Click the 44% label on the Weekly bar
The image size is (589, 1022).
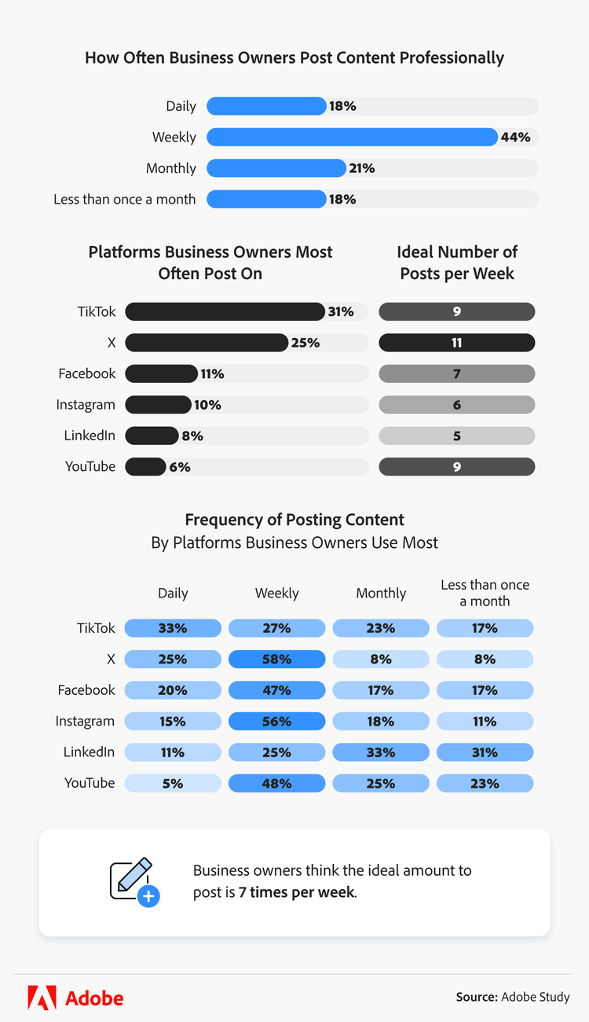pos(515,137)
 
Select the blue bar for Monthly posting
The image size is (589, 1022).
pos(276,168)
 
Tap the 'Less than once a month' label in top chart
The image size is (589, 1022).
pos(124,199)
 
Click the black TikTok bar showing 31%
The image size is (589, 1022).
pos(225,311)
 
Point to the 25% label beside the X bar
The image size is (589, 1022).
pos(305,343)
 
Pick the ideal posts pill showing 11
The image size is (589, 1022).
pos(456,343)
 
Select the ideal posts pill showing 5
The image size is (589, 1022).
pos(456,436)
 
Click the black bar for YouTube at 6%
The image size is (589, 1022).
pos(145,466)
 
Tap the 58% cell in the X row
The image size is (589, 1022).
pos(276,659)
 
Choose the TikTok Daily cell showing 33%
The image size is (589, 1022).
pos(173,628)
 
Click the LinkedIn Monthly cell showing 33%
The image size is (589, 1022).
pos(381,752)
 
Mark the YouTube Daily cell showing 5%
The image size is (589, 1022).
pos(173,783)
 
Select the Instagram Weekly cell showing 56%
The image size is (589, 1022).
pos(276,721)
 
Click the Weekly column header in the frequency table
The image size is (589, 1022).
pos(276,593)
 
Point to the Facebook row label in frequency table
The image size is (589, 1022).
pos(86,689)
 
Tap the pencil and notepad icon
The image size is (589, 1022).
pos(130,878)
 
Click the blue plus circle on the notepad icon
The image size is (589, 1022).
pos(148,896)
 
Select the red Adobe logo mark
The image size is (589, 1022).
pos(42,998)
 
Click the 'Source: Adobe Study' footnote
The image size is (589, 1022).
pos(513,997)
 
